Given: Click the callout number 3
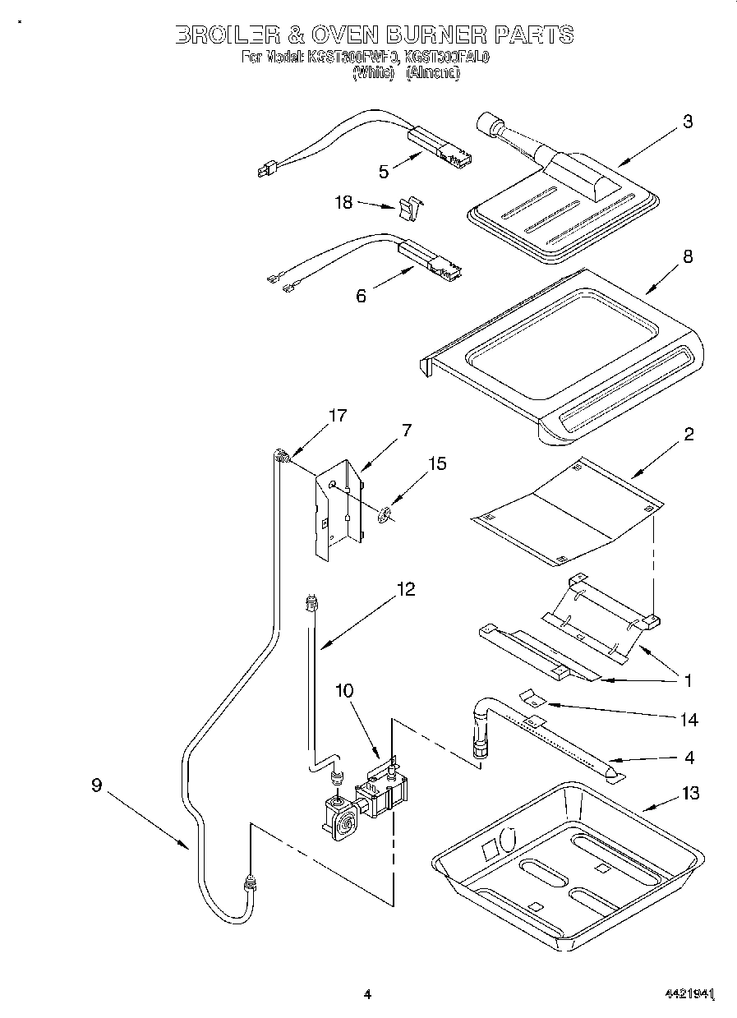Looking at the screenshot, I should pyautogui.click(x=687, y=122).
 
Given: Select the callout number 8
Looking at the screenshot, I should pyautogui.click(x=687, y=256).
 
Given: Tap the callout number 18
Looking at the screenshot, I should pyautogui.click(x=343, y=203).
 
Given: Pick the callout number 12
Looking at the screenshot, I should pyautogui.click(x=405, y=589).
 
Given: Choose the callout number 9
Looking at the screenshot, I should pyautogui.click(x=97, y=785).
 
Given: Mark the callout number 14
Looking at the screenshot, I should pyautogui.click(x=689, y=720).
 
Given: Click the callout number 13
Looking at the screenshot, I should pyautogui.click(x=690, y=793).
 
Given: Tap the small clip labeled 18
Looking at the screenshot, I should pyautogui.click(x=407, y=210).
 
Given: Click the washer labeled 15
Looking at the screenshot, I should pyautogui.click(x=384, y=515).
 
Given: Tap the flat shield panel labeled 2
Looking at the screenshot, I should pyautogui.click(x=567, y=514).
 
